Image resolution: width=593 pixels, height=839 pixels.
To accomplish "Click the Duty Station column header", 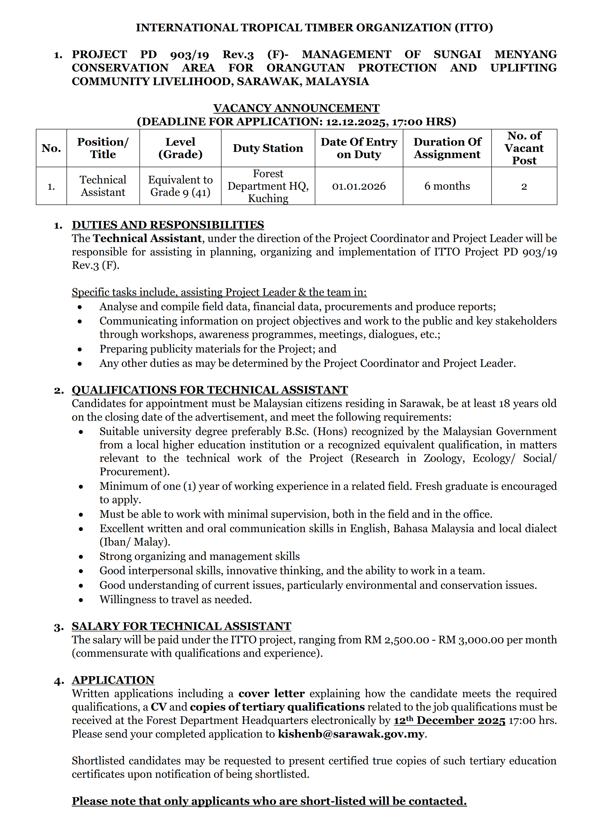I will click(x=268, y=148).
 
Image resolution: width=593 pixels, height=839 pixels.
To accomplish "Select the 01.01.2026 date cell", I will click(x=359, y=186).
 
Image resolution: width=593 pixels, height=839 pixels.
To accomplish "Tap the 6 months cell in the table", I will click(x=447, y=186).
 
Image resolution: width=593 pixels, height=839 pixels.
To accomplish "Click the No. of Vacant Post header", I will click(x=524, y=148).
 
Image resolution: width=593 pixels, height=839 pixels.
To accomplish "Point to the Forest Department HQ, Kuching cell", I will click(x=268, y=186).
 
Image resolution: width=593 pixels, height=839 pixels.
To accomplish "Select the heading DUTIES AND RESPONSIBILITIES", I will click(x=168, y=225).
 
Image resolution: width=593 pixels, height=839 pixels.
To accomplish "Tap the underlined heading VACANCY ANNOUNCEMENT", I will click(x=296, y=108).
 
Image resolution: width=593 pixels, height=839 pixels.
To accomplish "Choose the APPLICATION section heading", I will click(x=113, y=680).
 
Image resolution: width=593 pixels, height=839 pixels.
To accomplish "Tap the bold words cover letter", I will click(x=272, y=694).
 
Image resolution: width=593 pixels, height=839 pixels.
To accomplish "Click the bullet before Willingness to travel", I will click(x=80, y=600).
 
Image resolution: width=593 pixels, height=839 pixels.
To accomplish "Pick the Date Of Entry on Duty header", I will click(x=359, y=148).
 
